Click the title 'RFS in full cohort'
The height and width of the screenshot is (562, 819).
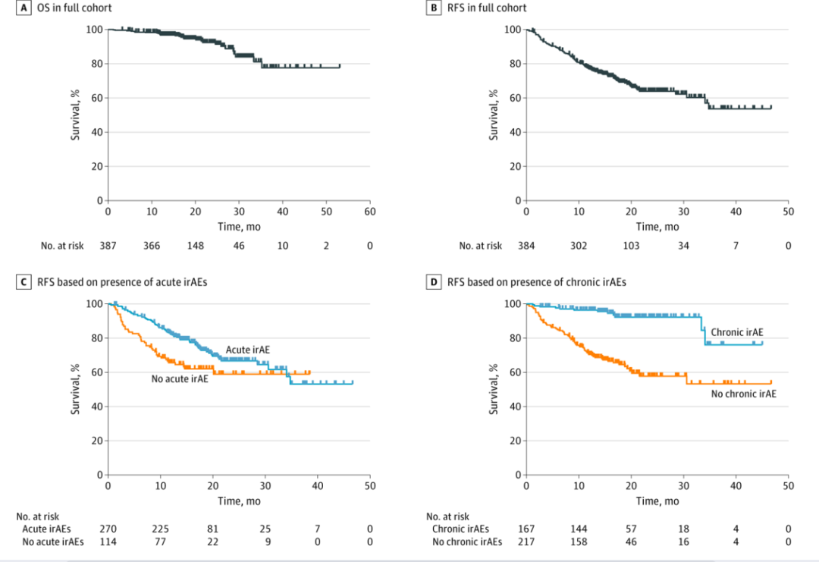pos(487,8)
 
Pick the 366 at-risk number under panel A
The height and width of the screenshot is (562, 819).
pos(152,245)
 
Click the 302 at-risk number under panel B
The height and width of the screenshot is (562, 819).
pos(579,245)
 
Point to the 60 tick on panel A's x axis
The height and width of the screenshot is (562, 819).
pos(369,212)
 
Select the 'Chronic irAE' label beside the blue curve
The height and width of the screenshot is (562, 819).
pos(736,331)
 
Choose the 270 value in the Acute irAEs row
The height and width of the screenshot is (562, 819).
pos(108,528)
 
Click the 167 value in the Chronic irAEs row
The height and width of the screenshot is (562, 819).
pos(526,528)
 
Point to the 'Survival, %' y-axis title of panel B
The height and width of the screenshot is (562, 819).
pos(494,115)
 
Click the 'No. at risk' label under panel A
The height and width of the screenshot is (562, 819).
pos(64,245)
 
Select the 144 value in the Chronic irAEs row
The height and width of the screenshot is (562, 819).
pos(579,528)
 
